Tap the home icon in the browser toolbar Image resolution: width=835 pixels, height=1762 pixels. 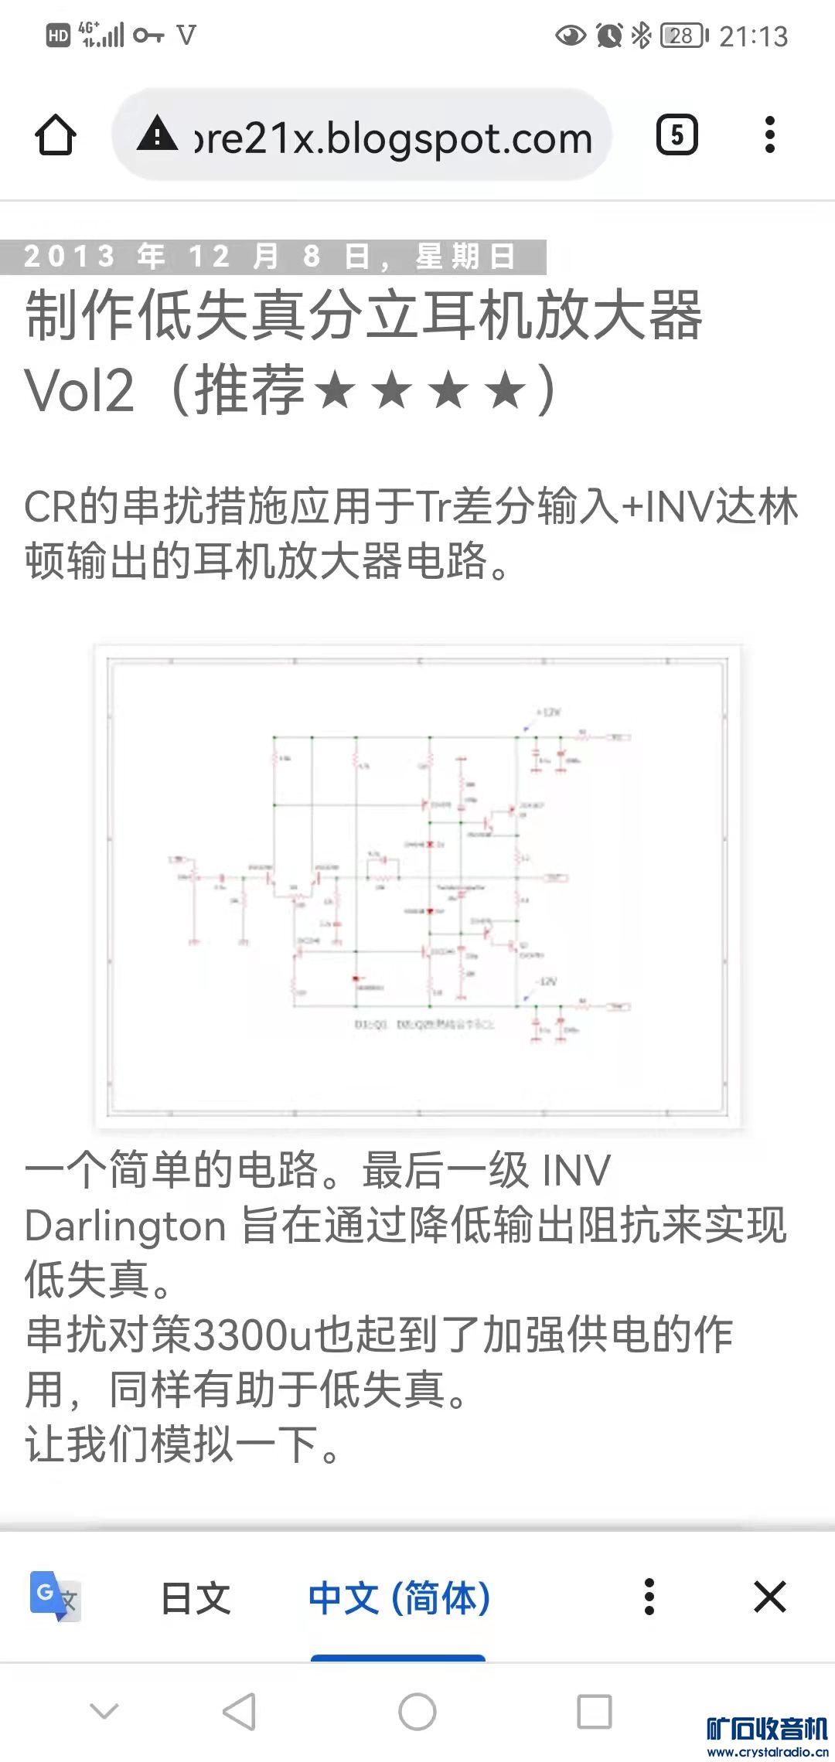[x=56, y=135]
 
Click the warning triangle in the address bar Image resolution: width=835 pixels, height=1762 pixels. [x=158, y=134]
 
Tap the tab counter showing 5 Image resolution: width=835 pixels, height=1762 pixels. [x=677, y=135]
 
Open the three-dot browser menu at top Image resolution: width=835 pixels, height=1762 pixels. [x=769, y=135]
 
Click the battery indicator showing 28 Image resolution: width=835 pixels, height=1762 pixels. [x=683, y=36]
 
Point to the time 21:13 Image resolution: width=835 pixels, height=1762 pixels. [x=753, y=36]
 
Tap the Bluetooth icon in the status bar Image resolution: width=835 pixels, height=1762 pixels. [x=641, y=35]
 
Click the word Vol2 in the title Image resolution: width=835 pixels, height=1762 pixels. [x=80, y=390]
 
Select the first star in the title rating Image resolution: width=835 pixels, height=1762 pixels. [x=335, y=389]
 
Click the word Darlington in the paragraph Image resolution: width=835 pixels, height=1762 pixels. [x=125, y=1226]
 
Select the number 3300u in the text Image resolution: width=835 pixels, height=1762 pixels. [x=250, y=1335]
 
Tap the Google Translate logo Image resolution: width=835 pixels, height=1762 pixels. [x=54, y=1597]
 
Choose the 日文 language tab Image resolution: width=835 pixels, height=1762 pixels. [x=196, y=1598]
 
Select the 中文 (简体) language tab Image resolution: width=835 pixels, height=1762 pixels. [x=399, y=1598]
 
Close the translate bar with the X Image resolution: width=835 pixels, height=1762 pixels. [x=769, y=1597]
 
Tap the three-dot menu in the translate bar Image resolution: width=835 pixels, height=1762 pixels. [x=649, y=1597]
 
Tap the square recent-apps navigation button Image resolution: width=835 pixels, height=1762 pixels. [x=595, y=1712]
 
